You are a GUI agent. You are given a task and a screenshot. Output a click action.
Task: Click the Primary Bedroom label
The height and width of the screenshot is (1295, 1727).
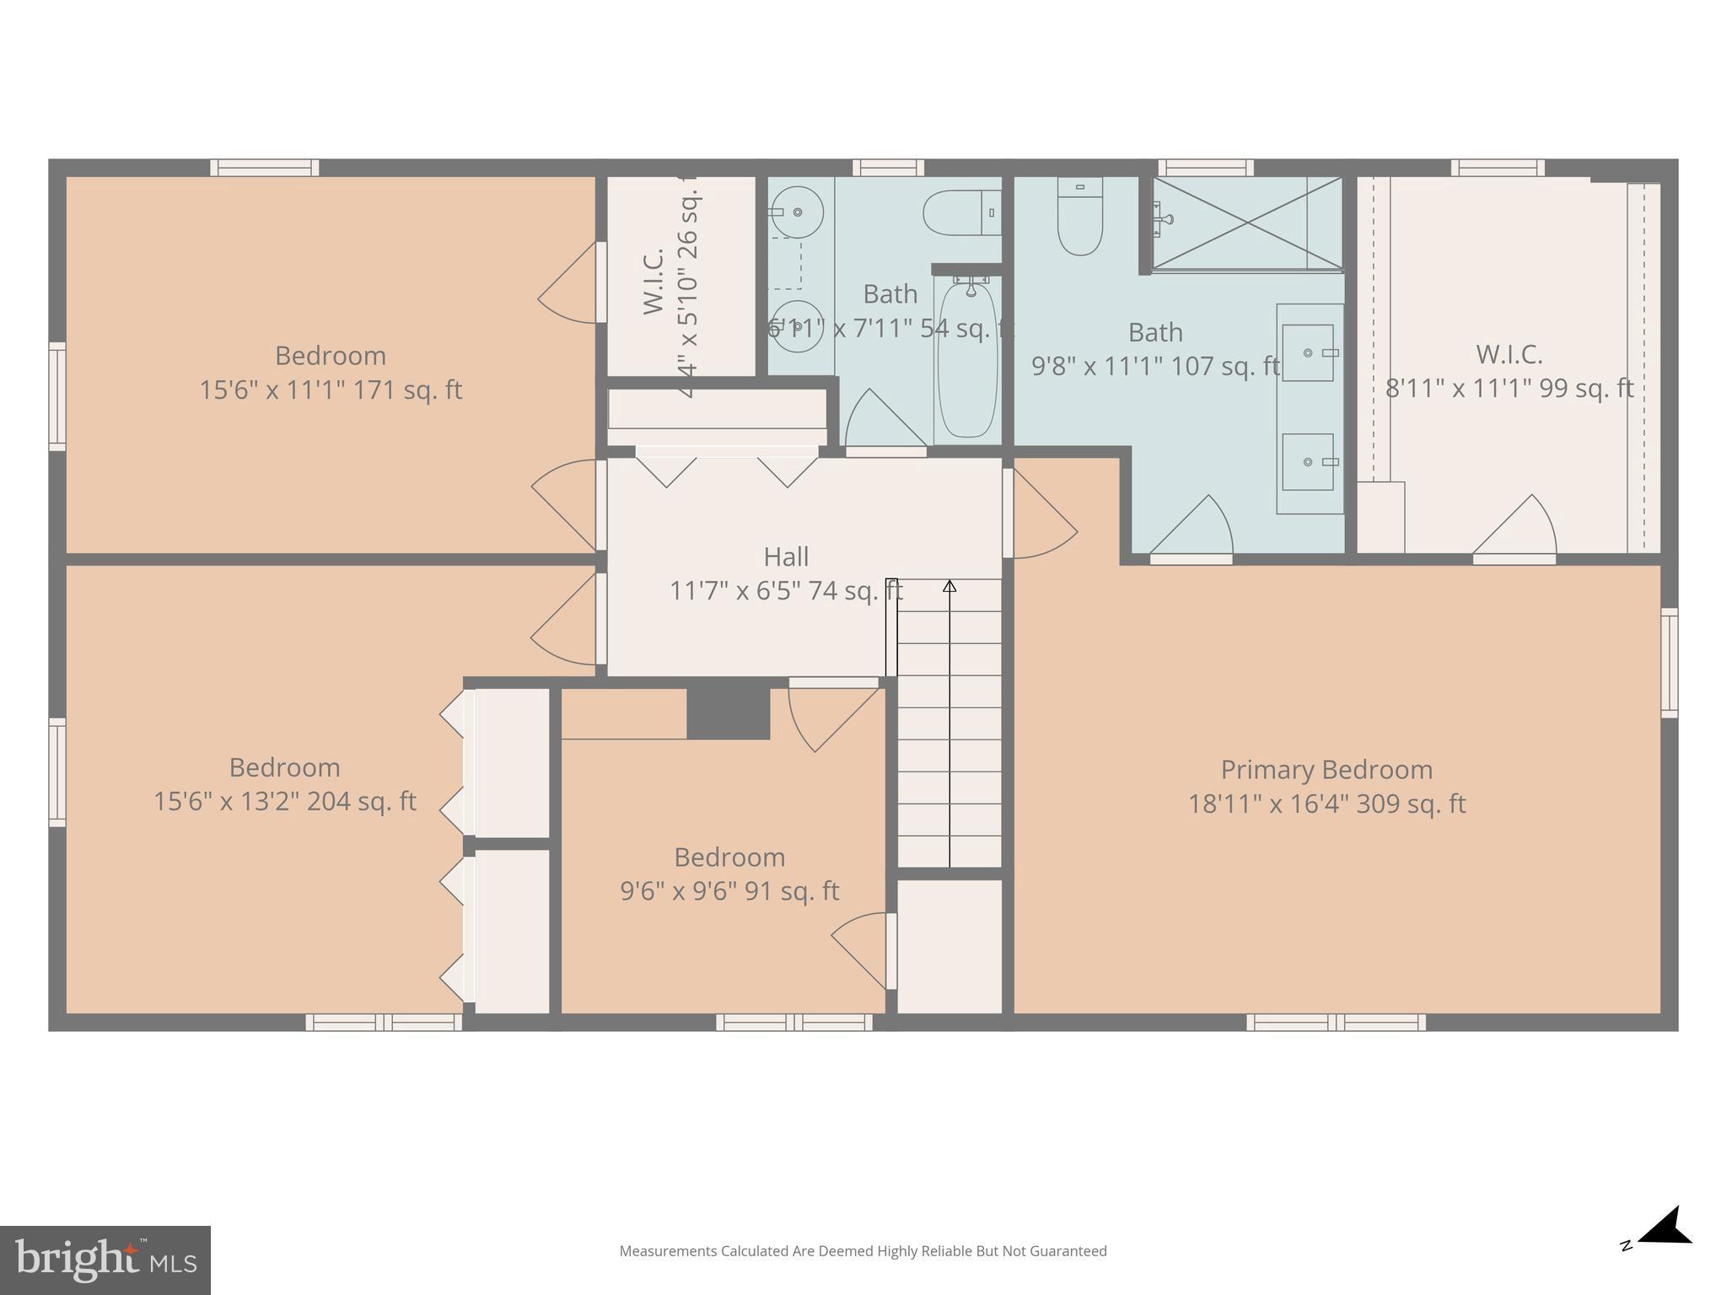[1326, 770]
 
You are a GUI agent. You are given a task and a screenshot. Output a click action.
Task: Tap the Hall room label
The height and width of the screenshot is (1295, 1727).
[786, 557]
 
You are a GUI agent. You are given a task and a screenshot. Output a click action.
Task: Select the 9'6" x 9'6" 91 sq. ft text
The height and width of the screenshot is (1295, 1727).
[729, 891]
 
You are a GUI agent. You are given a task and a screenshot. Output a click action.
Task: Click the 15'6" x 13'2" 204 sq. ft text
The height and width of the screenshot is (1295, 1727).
[284, 801]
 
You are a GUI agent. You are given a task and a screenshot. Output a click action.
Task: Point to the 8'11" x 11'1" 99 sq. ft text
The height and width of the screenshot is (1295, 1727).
[1509, 389]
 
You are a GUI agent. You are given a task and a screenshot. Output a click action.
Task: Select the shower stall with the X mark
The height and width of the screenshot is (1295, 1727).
[1246, 224]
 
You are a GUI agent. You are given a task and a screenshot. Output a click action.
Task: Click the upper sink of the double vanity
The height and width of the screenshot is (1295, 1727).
[1308, 353]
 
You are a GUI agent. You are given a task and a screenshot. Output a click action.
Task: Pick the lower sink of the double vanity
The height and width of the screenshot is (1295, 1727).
[1308, 462]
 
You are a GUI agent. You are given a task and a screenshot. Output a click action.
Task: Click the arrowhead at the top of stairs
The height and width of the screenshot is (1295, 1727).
[950, 585]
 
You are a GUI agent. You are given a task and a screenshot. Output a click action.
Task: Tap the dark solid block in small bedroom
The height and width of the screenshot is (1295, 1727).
[728, 713]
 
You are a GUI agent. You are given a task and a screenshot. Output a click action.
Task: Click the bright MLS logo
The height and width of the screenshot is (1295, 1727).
[105, 1260]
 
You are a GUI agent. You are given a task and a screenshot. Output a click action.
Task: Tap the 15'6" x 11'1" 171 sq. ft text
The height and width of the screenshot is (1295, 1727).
[331, 390]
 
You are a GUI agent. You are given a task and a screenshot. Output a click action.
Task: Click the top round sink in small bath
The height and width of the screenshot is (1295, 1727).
[797, 212]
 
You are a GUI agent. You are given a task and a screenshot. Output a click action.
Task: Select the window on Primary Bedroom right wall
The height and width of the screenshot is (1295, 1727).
[1669, 663]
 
